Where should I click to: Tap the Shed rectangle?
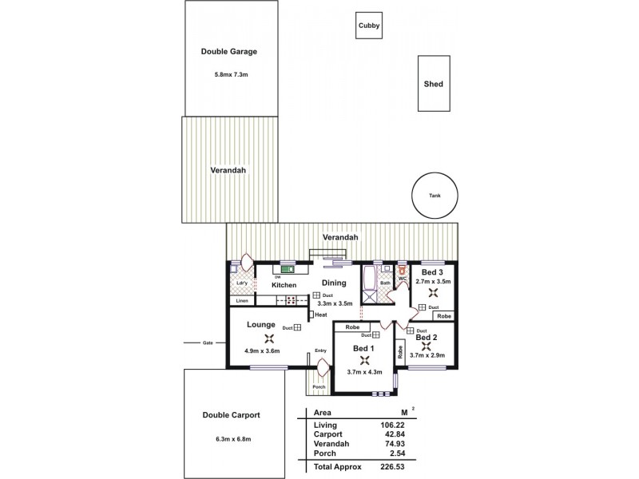pyautogui.click(x=434, y=84)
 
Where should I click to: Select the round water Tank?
pyautogui.click(x=434, y=195)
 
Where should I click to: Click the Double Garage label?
pyautogui.click(x=228, y=51)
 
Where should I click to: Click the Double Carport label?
pyautogui.click(x=231, y=414)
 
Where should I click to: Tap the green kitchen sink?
pyautogui.click(x=286, y=270)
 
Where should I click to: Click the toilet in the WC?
pyautogui.click(x=403, y=271)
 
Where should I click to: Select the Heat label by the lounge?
pyautogui.click(x=321, y=315)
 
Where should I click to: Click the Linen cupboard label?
pyautogui.click(x=240, y=300)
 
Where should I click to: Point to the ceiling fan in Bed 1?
pyautogui.click(x=364, y=360)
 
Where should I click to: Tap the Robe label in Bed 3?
pyautogui.click(x=444, y=316)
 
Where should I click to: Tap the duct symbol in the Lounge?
pyautogui.click(x=296, y=327)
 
